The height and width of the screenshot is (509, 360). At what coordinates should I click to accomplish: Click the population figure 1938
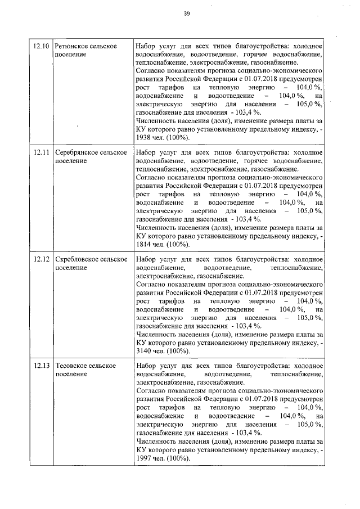[x=145, y=138]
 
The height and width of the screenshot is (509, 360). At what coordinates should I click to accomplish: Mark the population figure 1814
[x=145, y=245]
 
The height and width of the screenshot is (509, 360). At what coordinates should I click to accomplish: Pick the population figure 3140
[x=145, y=352]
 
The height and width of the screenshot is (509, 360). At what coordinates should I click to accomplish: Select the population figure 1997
[x=145, y=458]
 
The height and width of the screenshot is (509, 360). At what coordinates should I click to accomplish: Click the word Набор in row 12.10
[x=147, y=46]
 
